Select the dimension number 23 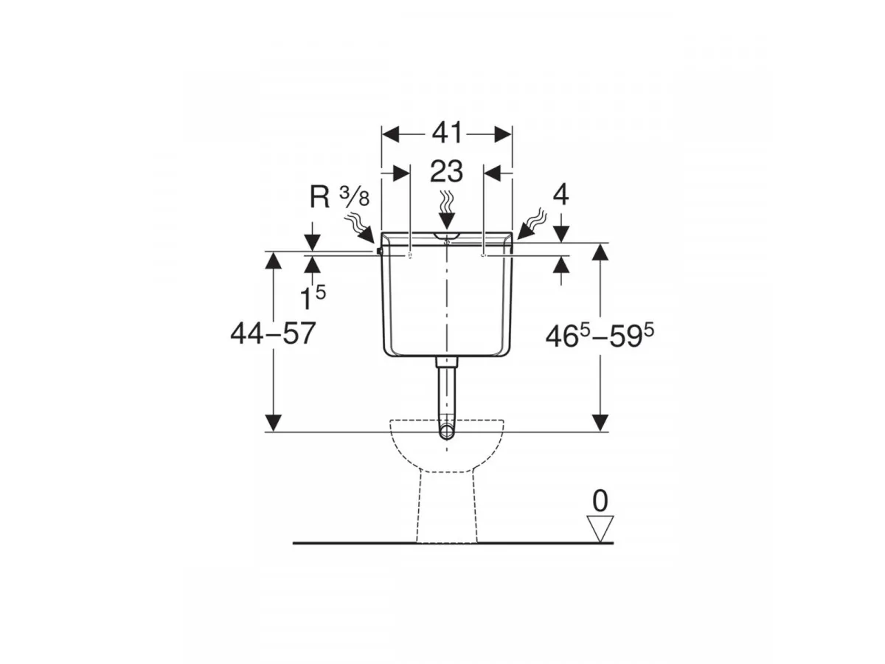[446, 171]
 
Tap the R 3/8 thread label [339, 198]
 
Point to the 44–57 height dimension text [273, 333]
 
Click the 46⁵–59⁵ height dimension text [600, 336]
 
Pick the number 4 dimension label [560, 196]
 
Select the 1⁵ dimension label [313, 297]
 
